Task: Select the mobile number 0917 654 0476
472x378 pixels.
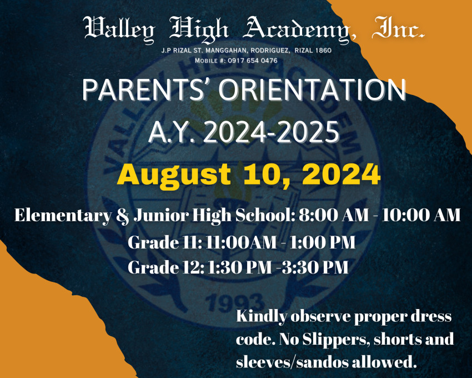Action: (253, 61)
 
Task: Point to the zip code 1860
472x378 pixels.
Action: (323, 51)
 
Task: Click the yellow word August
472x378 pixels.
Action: (174, 175)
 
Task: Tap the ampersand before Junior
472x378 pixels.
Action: (123, 216)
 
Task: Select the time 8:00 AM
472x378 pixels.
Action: (334, 215)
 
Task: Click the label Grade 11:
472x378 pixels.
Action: (165, 242)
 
